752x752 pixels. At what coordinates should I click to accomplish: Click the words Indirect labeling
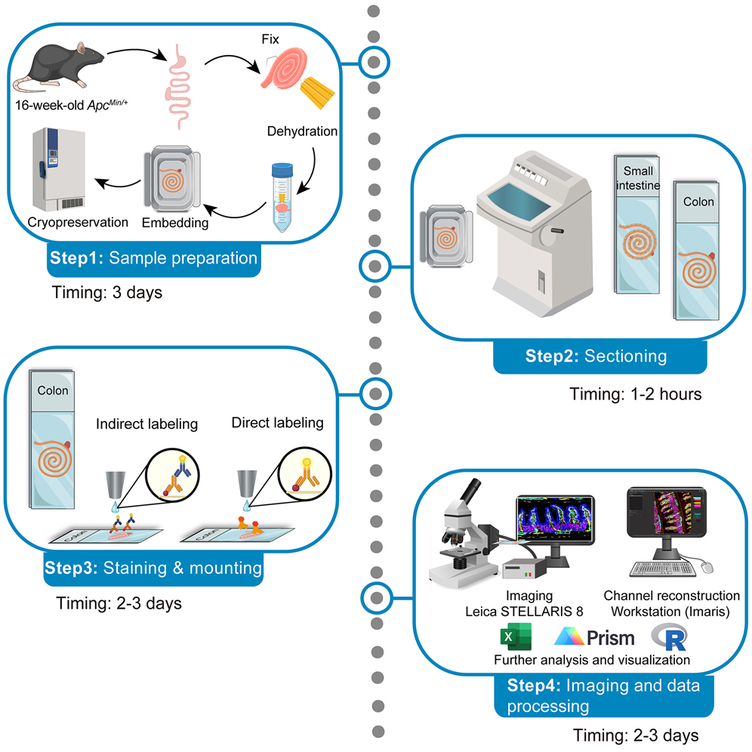coord(146,424)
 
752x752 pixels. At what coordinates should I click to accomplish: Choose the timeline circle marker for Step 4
coord(375,596)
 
